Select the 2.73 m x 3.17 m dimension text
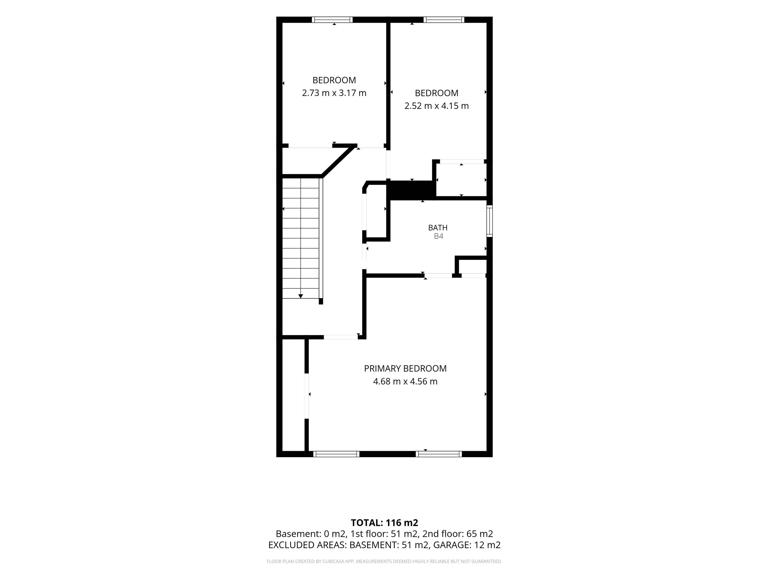(x=334, y=93)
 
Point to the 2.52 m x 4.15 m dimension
(x=436, y=106)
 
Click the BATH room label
(x=438, y=228)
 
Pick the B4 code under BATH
(x=438, y=236)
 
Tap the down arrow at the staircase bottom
(x=301, y=296)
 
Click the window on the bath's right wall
(x=489, y=221)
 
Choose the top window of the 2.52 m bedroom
(x=444, y=20)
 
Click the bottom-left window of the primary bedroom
(x=336, y=454)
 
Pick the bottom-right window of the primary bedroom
(x=439, y=454)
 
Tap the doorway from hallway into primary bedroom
(x=341, y=337)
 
